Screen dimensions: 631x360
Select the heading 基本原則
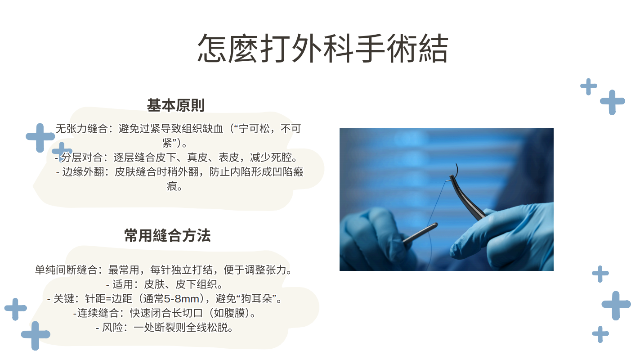click(x=175, y=105)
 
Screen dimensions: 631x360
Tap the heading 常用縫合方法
click(x=167, y=235)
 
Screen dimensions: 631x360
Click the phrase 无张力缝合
click(x=82, y=129)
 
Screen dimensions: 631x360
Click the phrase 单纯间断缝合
click(x=66, y=270)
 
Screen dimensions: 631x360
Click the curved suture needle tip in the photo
click(x=456, y=163)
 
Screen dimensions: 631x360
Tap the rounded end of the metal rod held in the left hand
click(x=435, y=225)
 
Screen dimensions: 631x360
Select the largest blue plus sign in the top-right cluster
click(x=613, y=102)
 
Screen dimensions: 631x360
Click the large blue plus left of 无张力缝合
click(x=40, y=138)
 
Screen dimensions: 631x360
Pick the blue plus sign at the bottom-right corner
click(x=600, y=334)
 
